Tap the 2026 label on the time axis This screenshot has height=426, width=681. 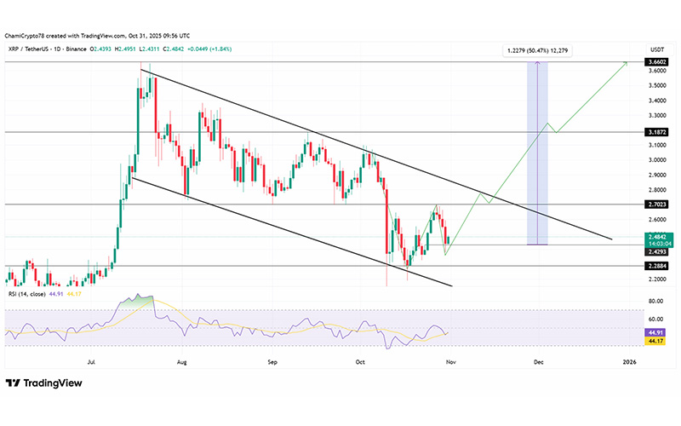point(629,362)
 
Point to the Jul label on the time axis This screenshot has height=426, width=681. point(90,362)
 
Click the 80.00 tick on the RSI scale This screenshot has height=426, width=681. point(654,301)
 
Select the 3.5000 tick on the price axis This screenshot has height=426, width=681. point(654,85)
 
